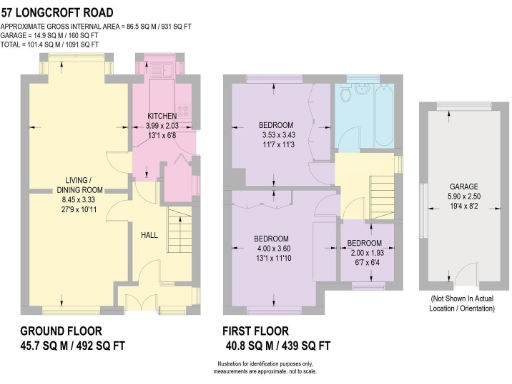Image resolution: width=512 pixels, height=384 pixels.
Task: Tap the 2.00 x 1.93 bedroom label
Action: click(363, 243)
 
